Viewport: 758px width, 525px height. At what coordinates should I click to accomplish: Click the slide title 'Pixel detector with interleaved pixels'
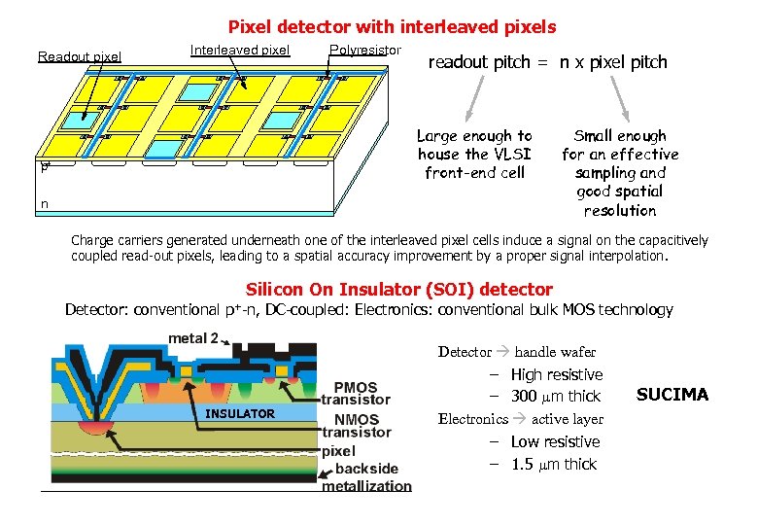point(392,27)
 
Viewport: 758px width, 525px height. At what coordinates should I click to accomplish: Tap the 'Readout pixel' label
point(80,56)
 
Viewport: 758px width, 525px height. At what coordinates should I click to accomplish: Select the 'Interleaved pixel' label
point(240,50)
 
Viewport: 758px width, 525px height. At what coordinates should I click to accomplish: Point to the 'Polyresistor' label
point(365,50)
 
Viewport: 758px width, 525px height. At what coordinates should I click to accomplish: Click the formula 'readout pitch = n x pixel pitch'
point(548,62)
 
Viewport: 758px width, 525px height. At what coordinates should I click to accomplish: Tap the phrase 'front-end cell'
point(474,173)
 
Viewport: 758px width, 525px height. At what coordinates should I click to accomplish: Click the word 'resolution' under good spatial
point(620,210)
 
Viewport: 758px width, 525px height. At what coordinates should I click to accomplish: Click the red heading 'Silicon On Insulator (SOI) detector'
point(399,289)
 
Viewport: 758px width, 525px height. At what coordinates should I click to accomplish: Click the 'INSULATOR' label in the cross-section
point(240,413)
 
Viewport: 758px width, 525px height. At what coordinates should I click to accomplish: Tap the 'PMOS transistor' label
point(356,393)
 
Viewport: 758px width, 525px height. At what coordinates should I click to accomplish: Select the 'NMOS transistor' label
point(356,426)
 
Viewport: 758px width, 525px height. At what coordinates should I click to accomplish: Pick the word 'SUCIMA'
point(672,394)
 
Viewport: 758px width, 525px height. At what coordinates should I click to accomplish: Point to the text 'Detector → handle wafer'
point(517,352)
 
